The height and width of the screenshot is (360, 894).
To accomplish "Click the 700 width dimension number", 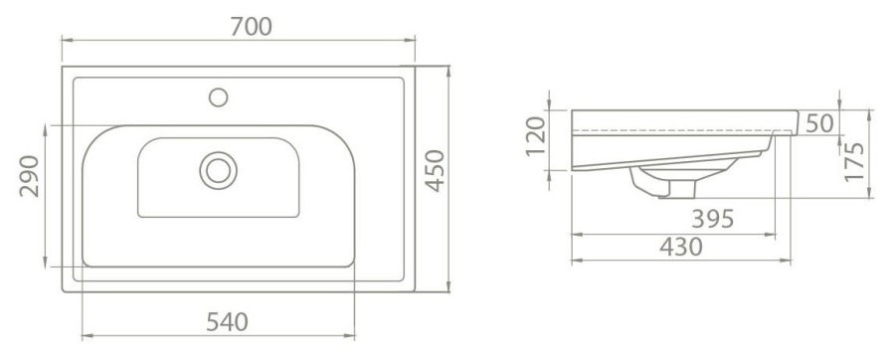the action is pos(251,26).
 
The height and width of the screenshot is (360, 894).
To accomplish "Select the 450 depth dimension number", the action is pos(436,171).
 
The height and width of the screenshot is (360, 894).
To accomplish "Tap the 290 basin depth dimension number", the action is pos(30,176).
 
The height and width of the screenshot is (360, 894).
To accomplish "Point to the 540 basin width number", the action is pos(227,322).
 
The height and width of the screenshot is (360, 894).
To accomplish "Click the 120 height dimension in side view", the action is pos(536,136).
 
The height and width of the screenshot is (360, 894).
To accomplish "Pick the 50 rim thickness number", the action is pos(819,123).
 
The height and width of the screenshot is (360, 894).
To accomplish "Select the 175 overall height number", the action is pos(854,162).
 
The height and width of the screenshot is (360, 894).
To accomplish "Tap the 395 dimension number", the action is pos(713,219).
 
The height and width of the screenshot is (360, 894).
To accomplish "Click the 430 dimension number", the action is pos(681,247).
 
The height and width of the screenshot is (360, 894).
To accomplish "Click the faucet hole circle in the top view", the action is pos(219,97).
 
